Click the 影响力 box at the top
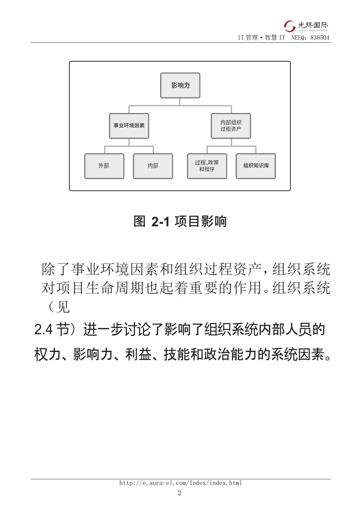click(180, 86)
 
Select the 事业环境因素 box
click(129, 126)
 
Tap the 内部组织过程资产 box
click(231, 126)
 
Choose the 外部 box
click(104, 166)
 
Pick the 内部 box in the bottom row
click(153, 166)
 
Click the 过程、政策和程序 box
click(207, 166)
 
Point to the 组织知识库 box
click(256, 166)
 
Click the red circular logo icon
click(290, 26)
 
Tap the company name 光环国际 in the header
click(313, 25)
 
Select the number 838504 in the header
click(320, 37)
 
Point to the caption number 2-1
click(160, 222)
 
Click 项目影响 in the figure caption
click(200, 221)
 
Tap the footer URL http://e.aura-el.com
click(180, 483)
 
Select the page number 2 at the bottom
click(179, 493)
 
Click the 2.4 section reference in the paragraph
click(43, 329)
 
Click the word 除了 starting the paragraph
click(56, 269)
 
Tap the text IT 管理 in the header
click(247, 37)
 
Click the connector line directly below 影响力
click(180, 101)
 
